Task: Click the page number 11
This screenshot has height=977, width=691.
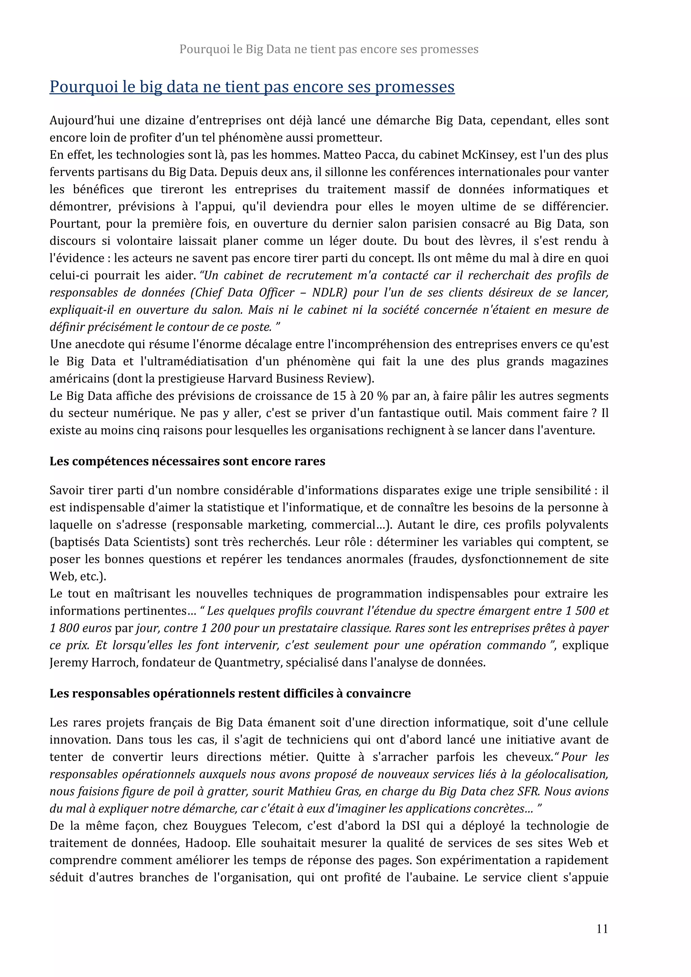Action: [602, 928]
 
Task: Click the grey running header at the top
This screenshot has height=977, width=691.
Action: [329, 49]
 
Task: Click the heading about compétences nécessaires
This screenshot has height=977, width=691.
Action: [187, 461]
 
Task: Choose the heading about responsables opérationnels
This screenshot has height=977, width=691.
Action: [230, 694]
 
